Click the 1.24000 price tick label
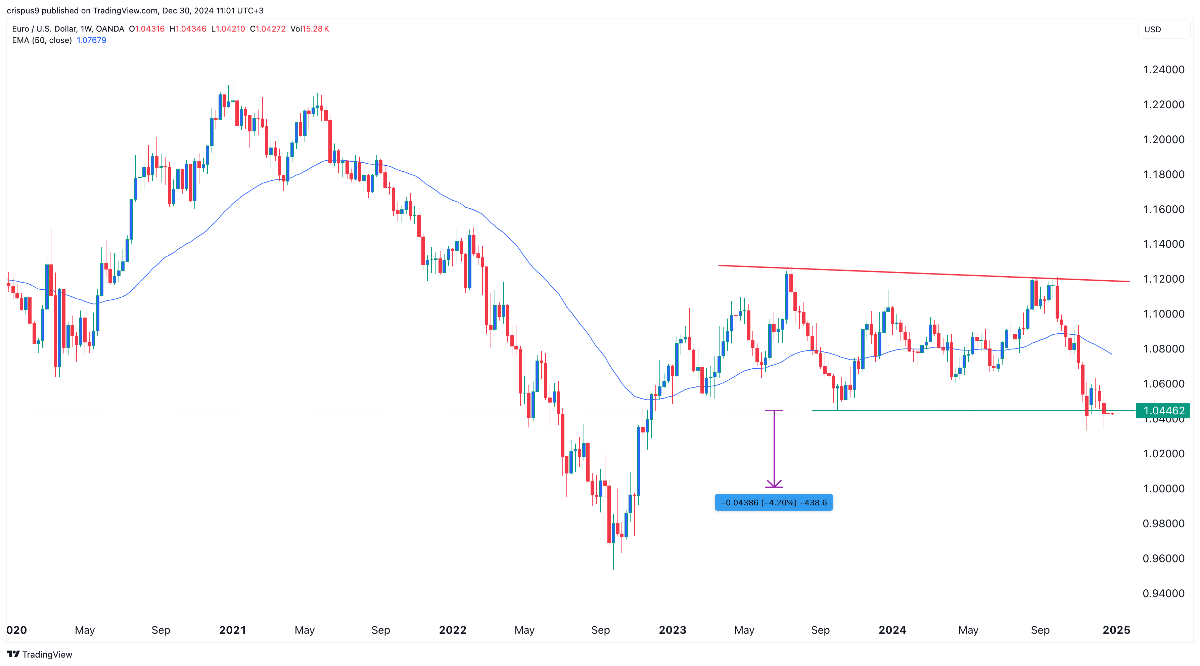click(x=1163, y=70)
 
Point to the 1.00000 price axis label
click(x=1163, y=489)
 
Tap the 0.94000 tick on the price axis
click(x=1163, y=593)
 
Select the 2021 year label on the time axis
click(x=232, y=630)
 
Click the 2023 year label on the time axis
click(x=672, y=630)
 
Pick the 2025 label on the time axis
click(x=1116, y=630)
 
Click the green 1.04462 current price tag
click(x=1163, y=411)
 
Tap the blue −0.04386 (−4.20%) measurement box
click(x=773, y=502)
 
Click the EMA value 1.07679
click(x=91, y=40)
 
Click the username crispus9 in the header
click(x=23, y=10)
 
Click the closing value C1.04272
click(x=268, y=29)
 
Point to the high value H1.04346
click(x=188, y=29)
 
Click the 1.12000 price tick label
click(x=1163, y=279)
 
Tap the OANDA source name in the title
click(x=110, y=29)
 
